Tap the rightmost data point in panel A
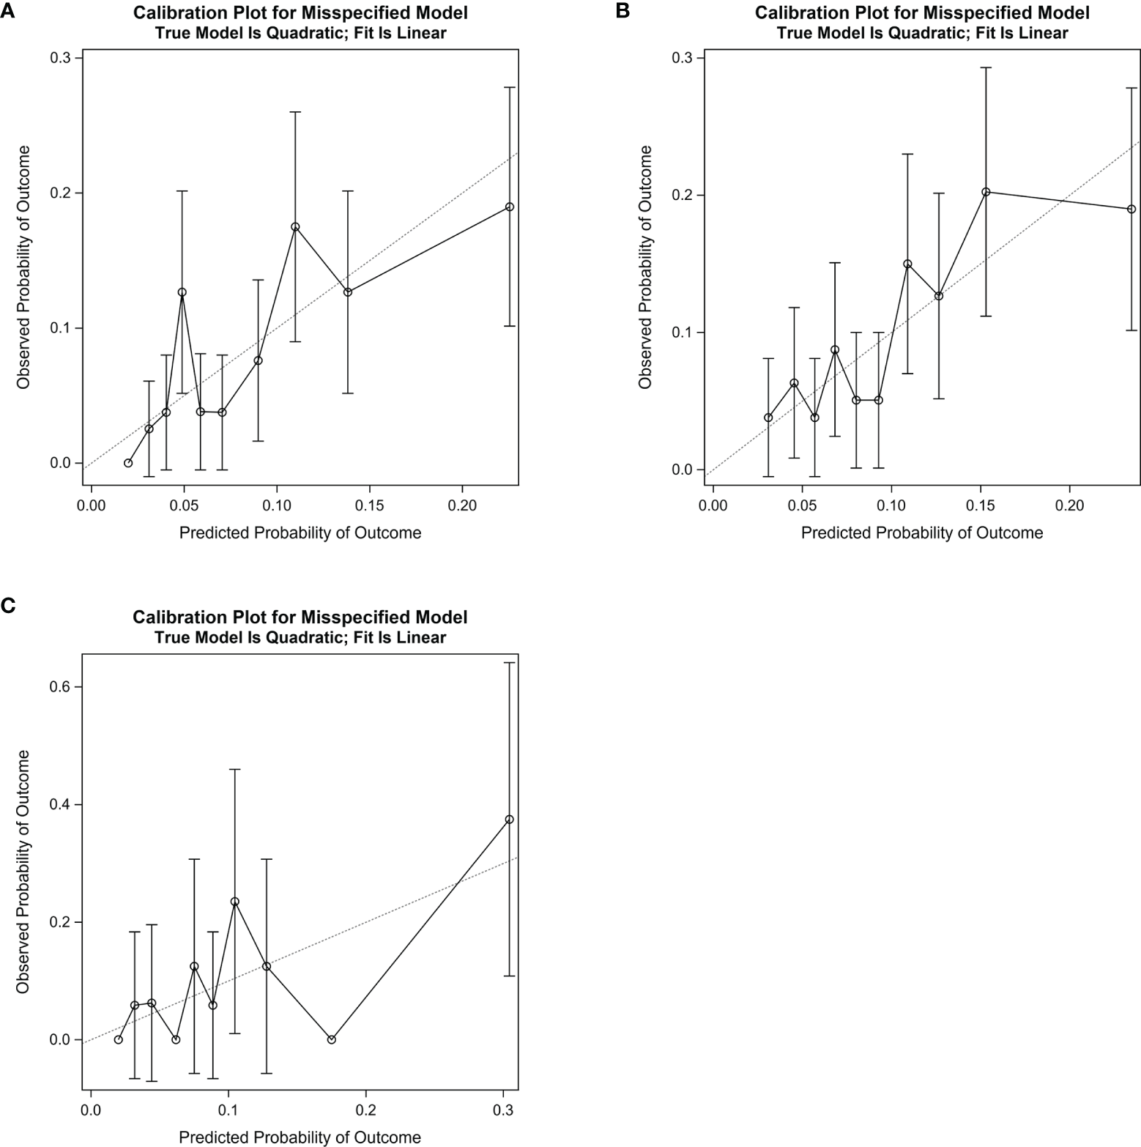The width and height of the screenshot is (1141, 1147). (x=510, y=207)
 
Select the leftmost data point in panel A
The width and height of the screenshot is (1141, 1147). (x=128, y=463)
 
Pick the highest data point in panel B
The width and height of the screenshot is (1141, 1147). (x=986, y=192)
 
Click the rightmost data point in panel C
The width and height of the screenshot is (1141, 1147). (x=510, y=820)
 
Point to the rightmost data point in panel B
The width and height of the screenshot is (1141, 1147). (x=1131, y=209)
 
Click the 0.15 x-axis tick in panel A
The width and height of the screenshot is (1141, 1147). (x=369, y=505)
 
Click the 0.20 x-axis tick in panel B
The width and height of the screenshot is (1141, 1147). (x=1069, y=505)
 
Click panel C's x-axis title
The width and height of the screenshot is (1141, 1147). (x=300, y=1137)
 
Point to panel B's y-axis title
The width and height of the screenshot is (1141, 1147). (x=644, y=267)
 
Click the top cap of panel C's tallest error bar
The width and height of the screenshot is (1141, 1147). (x=510, y=663)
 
